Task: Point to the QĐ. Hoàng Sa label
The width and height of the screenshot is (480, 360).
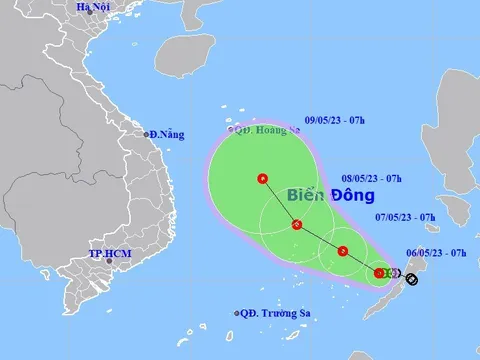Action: pyautogui.click(x=267, y=129)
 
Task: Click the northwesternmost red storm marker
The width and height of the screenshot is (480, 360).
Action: pyautogui.click(x=262, y=179)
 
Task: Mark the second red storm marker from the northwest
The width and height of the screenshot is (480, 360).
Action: pyautogui.click(x=297, y=224)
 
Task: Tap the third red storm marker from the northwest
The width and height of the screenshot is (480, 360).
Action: pyautogui.click(x=343, y=251)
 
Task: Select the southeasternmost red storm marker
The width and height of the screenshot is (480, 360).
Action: pyautogui.click(x=379, y=272)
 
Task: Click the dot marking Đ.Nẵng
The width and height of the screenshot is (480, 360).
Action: pyautogui.click(x=145, y=134)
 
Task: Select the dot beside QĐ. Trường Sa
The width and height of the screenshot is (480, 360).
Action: pyautogui.click(x=238, y=313)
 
